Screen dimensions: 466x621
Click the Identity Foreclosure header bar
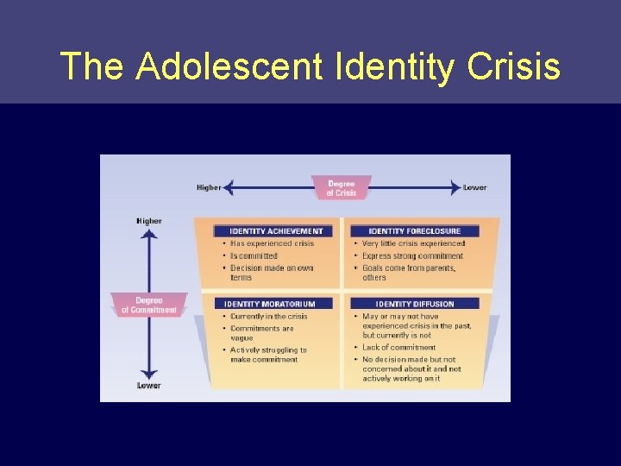[415, 231]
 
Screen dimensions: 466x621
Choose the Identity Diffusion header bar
[415, 304]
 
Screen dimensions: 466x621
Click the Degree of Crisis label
[341, 188]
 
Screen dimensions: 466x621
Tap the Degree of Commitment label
[148, 305]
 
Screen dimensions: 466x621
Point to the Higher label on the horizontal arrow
[209, 187]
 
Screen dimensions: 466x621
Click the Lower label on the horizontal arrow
[475, 187]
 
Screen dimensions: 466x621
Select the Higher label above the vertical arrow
[148, 221]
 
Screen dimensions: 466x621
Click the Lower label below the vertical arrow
[148, 385]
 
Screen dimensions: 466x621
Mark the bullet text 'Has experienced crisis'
[272, 243]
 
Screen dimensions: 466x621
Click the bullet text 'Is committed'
[254, 255]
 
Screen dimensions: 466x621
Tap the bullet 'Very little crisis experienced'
[413, 243]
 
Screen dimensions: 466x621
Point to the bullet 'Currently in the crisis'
[268, 316]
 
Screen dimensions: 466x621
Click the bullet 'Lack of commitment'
[398, 347]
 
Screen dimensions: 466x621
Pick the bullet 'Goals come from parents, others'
[407, 273]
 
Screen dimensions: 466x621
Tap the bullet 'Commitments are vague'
[262, 333]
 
